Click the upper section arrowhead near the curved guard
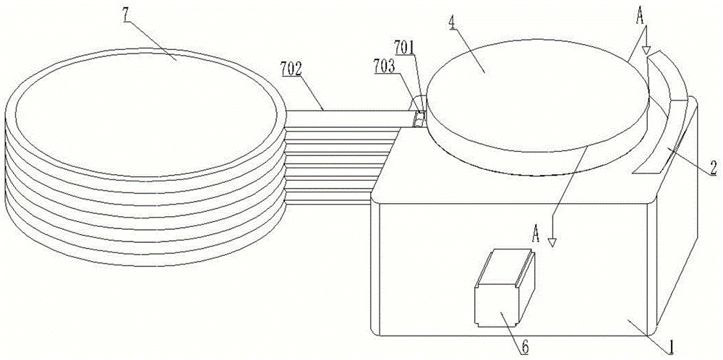point(646,52)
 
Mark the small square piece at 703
point(418,118)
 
